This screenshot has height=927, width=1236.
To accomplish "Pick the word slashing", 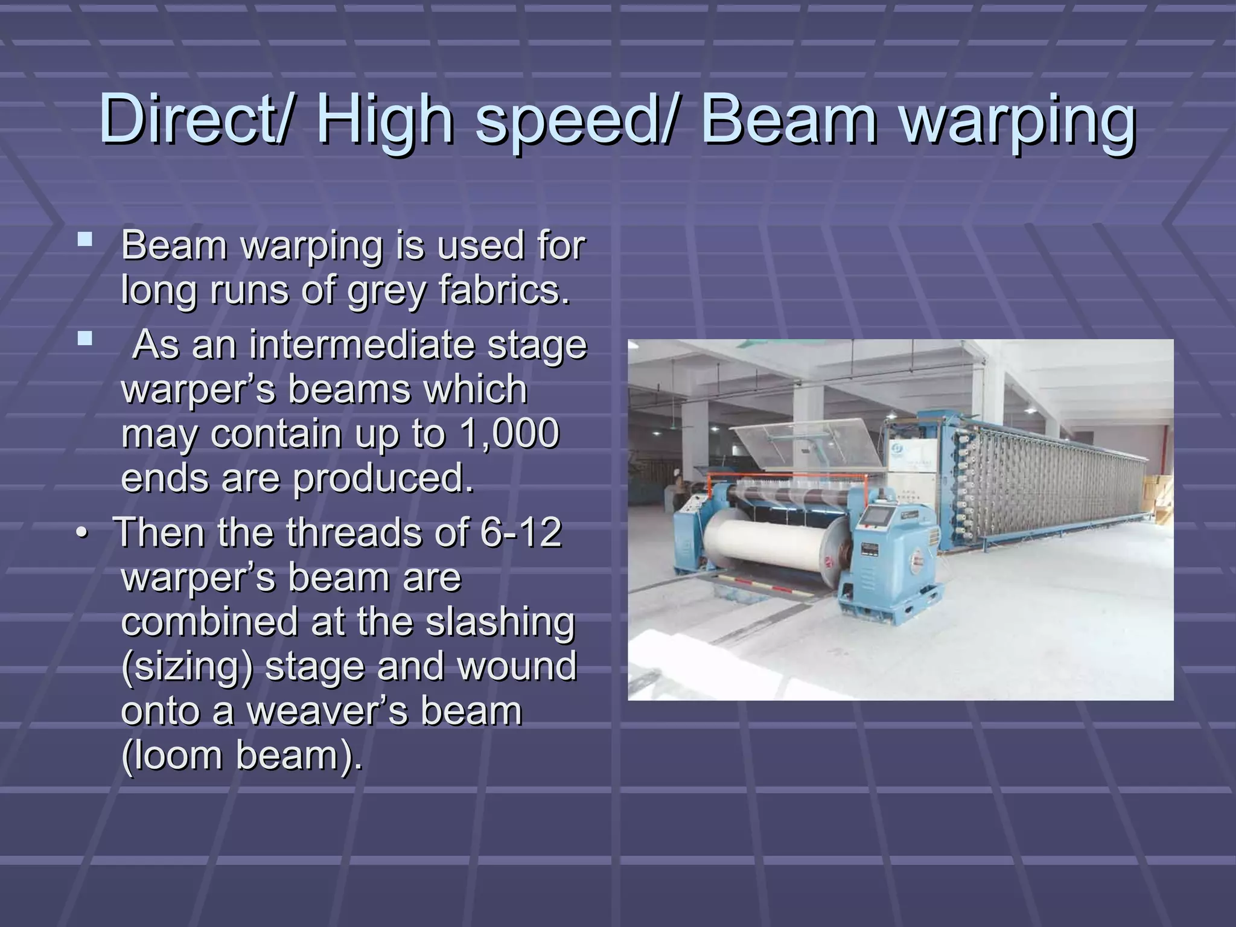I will pos(500,622).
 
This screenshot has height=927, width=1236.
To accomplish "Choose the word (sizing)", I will pos(187,666).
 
